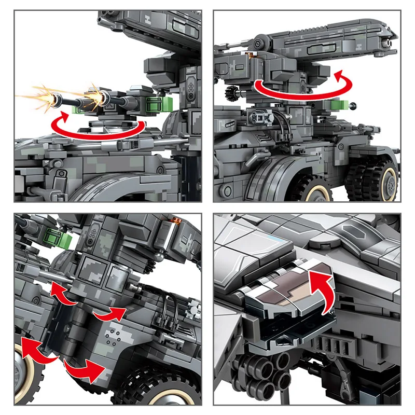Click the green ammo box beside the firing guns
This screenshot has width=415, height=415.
[x=159, y=103]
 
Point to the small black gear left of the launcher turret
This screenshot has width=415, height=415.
[x=232, y=93]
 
